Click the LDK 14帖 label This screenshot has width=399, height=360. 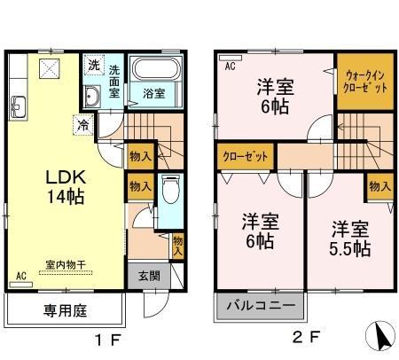pyautogui.click(x=66, y=187)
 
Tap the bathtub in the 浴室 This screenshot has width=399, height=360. pyautogui.click(x=155, y=68)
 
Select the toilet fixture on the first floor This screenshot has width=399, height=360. pyautogui.click(x=171, y=189)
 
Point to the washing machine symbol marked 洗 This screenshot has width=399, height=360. pyautogui.click(x=94, y=65)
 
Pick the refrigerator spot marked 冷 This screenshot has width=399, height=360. pyautogui.click(x=83, y=125)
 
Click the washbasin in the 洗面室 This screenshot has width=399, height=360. pyautogui.click(x=92, y=96)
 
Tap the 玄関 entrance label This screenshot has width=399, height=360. pyautogui.click(x=149, y=276)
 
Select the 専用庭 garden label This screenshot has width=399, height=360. pyautogui.click(x=66, y=311)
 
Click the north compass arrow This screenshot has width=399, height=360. pyautogui.click(x=380, y=335)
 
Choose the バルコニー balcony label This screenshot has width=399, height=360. pyautogui.click(x=261, y=305)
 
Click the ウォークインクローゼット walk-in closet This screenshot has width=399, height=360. pyautogui.click(x=365, y=82)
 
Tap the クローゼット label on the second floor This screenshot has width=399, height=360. pyautogui.click(x=246, y=156)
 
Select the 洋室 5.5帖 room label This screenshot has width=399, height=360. pyautogui.click(x=350, y=239)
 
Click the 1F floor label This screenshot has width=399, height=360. pyautogui.click(x=108, y=340)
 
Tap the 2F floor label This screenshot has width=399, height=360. pyautogui.click(x=306, y=337)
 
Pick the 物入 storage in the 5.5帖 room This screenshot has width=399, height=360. pyautogui.click(x=380, y=186)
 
